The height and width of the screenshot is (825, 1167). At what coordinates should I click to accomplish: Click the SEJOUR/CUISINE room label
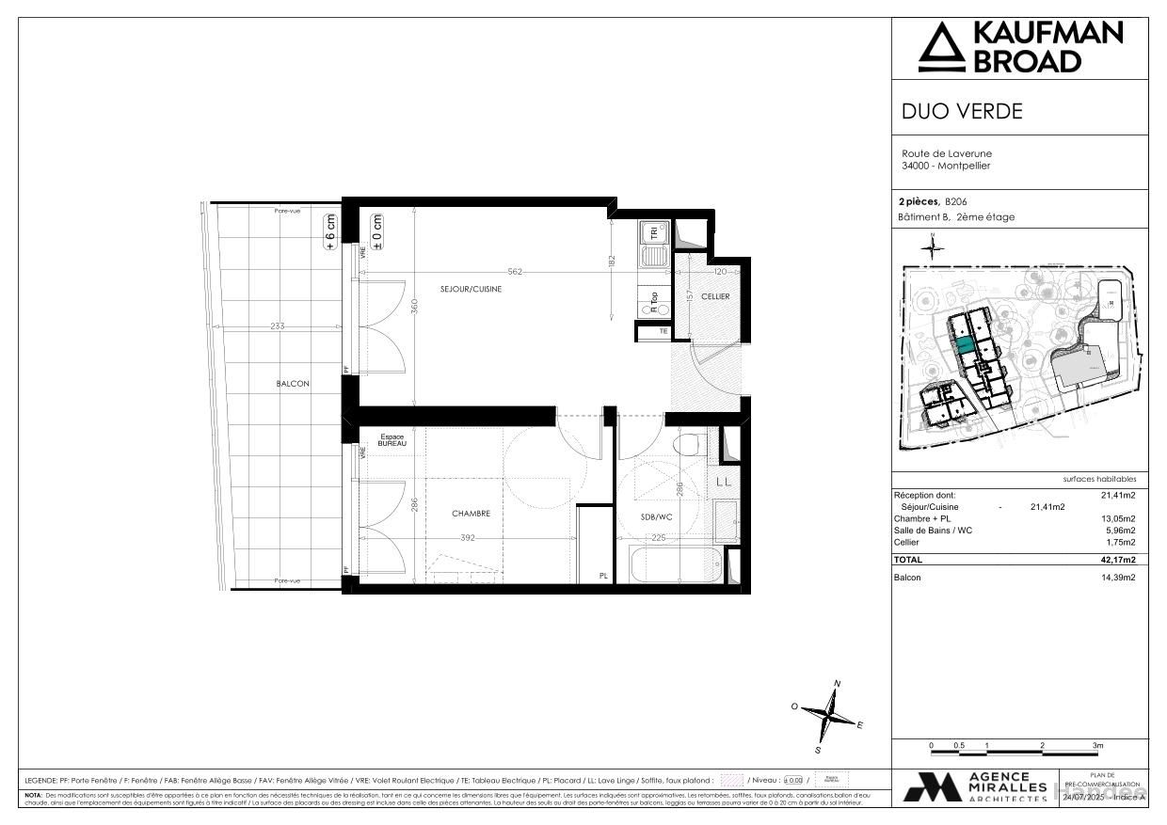471,289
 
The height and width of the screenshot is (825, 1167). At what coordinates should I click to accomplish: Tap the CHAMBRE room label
471,514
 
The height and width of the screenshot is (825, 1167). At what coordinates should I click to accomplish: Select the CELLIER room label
715,296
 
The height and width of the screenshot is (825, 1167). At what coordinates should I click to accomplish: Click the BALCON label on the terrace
293,384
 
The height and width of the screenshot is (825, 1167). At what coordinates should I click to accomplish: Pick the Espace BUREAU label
392,440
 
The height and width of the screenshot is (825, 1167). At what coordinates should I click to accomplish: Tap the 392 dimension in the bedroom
468,539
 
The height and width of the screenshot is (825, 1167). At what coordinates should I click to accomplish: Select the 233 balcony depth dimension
277,326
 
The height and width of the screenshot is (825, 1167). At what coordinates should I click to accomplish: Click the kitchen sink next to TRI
651,254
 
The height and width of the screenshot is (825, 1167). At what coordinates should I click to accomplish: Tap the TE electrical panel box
663,331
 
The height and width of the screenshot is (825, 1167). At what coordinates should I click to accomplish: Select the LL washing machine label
724,483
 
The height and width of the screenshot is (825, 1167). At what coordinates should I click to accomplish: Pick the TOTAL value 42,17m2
1118,560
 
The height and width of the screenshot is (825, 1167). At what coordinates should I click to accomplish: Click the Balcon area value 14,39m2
1118,578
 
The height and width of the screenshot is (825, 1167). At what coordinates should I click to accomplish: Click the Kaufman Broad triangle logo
942,48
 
